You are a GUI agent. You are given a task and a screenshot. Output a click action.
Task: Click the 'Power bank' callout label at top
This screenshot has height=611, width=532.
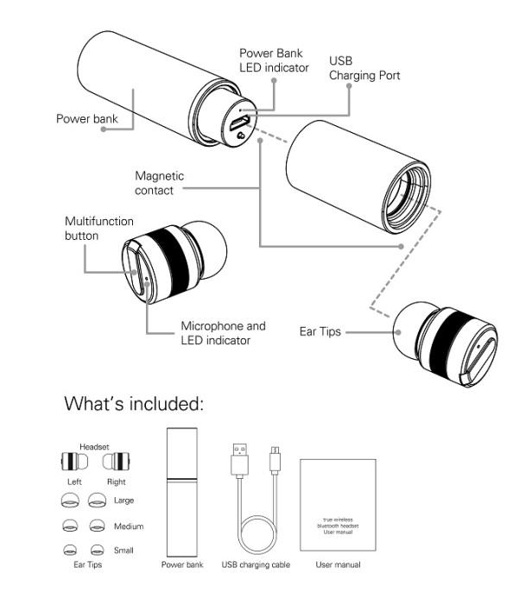tap(86, 118)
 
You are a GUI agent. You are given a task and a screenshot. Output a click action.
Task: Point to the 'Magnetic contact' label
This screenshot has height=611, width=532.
tap(160, 183)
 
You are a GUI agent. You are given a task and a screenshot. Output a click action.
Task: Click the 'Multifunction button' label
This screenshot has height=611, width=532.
tap(93, 229)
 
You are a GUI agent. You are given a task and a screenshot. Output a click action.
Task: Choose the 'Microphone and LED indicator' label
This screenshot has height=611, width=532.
tap(223, 333)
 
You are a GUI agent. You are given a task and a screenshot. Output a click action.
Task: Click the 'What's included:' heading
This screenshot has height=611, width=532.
tap(134, 403)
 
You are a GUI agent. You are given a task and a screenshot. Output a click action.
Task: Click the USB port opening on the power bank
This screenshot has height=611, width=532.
tap(237, 123)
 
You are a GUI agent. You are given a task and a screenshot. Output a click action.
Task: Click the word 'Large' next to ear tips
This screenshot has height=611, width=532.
tap(123, 501)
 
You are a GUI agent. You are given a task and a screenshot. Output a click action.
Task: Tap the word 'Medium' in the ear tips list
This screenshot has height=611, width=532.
tap(128, 526)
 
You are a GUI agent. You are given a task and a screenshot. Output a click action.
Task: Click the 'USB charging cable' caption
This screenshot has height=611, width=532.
tap(256, 565)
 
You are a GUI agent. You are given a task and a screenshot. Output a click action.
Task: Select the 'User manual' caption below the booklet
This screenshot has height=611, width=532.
tap(338, 565)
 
